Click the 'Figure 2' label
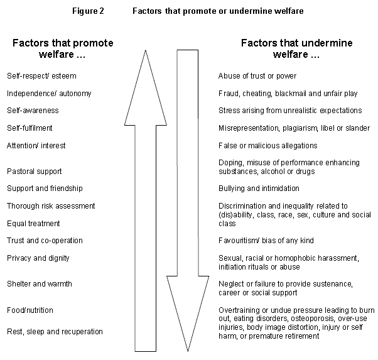(88, 11)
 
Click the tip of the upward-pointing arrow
(146, 50)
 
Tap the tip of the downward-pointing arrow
(188, 351)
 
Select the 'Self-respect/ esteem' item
(41, 76)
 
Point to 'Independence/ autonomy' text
(49, 94)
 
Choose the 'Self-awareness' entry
(33, 111)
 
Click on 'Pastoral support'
(35, 172)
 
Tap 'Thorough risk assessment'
(51, 206)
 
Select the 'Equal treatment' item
(33, 224)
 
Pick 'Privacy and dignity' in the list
(38, 258)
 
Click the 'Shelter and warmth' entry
(40, 284)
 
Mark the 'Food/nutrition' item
(30, 310)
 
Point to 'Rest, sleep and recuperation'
(55, 332)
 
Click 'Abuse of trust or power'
(257, 76)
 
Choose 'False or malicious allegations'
(268, 146)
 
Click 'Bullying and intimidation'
(259, 188)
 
